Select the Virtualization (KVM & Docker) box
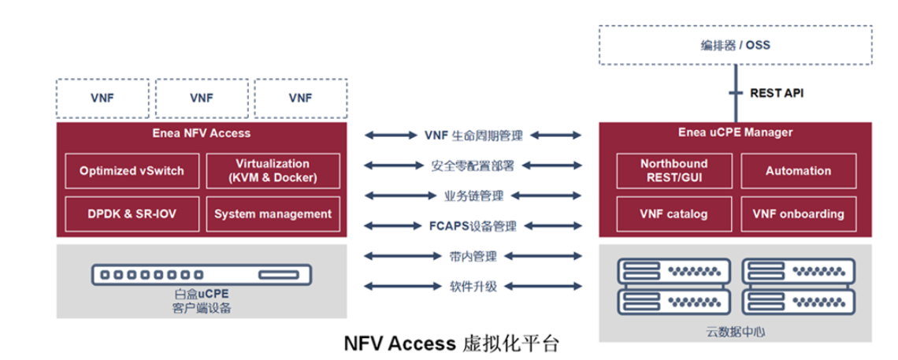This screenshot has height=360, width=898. pyautogui.click(x=273, y=170)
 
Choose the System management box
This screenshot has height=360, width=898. pyautogui.click(x=273, y=213)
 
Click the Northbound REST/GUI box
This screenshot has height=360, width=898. pyautogui.click(x=673, y=170)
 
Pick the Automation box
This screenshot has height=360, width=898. pyautogui.click(x=798, y=170)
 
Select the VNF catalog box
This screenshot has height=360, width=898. pyautogui.click(x=673, y=213)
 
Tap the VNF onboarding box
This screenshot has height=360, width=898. pyautogui.click(x=798, y=213)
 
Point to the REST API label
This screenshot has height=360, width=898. pyautogui.click(x=777, y=93)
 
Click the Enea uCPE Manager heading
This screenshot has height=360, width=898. pyautogui.click(x=735, y=132)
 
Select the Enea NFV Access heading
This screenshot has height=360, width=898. pyautogui.click(x=202, y=132)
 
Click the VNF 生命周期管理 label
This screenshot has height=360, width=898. pyautogui.click(x=473, y=135)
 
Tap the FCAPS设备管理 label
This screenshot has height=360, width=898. pyautogui.click(x=473, y=226)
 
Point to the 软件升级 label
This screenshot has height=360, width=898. pyautogui.click(x=473, y=286)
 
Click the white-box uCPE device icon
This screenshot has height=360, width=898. pyautogui.click(x=202, y=275)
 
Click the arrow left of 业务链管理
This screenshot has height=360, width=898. pyautogui.click(x=395, y=196)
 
